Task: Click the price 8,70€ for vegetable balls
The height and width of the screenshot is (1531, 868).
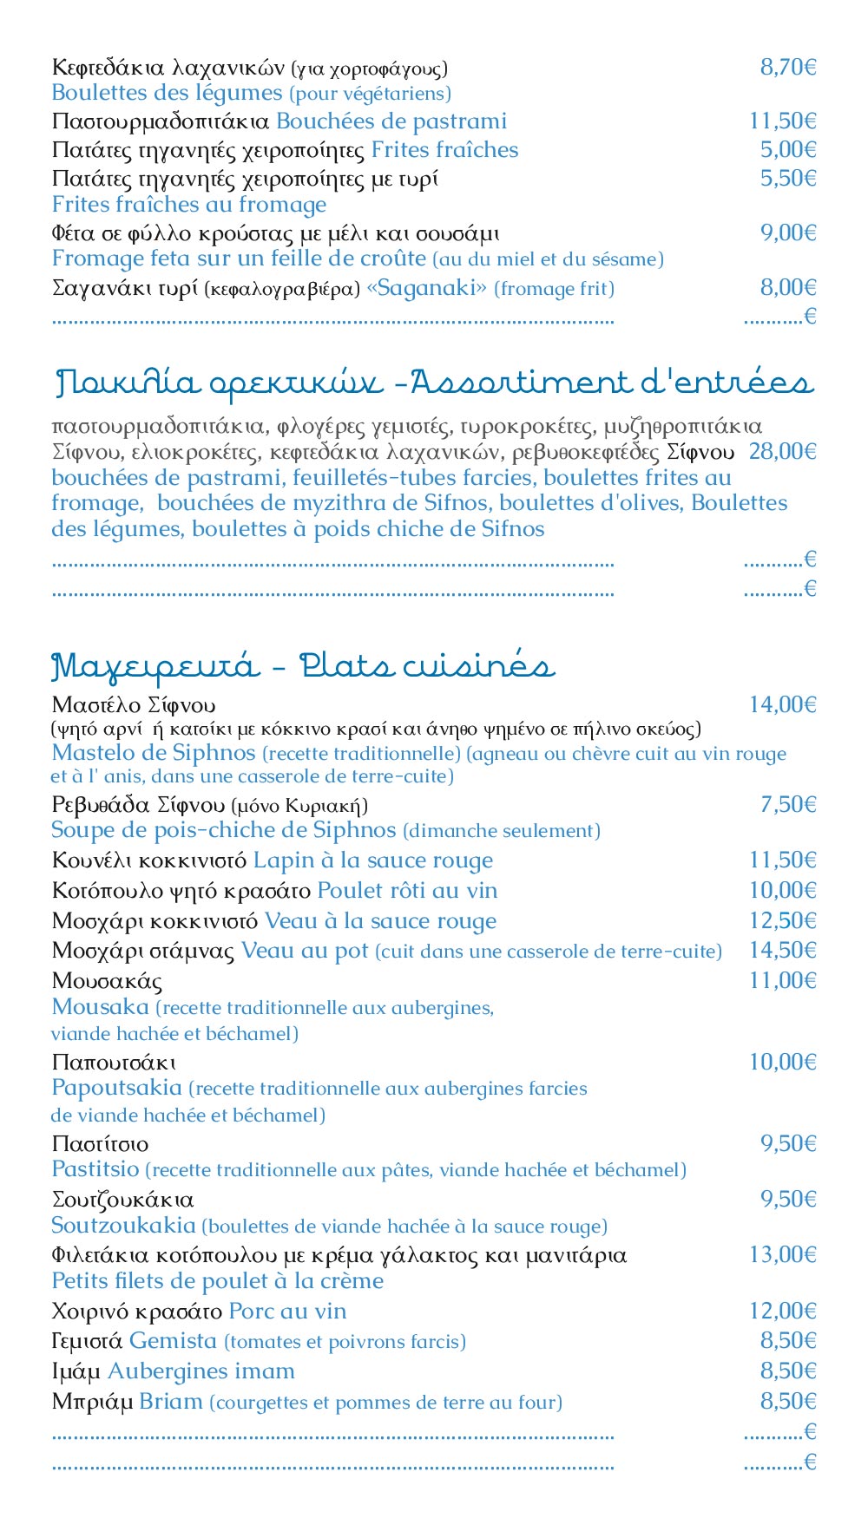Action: (x=788, y=68)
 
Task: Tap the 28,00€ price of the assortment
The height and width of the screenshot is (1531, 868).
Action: (x=782, y=451)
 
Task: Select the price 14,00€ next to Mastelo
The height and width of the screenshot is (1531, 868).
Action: (x=782, y=704)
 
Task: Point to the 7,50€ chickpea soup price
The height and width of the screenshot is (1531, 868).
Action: (x=788, y=804)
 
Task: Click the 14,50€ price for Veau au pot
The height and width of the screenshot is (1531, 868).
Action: (x=782, y=950)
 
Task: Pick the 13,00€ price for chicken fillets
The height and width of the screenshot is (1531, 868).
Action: (x=782, y=1254)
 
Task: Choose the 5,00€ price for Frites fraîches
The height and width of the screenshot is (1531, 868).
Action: (x=788, y=149)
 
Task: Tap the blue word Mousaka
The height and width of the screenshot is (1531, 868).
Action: (x=100, y=1007)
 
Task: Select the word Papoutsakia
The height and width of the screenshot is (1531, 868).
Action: (x=116, y=1088)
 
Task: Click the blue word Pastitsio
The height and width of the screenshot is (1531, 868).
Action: (x=95, y=1169)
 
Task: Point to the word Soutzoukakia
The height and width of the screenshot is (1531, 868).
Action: (x=123, y=1226)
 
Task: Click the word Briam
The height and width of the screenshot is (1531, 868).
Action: (x=171, y=1402)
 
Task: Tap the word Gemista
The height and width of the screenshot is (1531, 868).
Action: (x=173, y=1341)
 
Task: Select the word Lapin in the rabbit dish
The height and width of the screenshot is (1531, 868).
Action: (x=283, y=860)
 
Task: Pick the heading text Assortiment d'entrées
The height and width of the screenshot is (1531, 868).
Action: (x=611, y=383)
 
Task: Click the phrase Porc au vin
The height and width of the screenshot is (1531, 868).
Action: (x=287, y=1312)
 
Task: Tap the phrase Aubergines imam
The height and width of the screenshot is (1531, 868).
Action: (x=201, y=1371)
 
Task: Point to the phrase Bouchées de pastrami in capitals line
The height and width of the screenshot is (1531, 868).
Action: (x=391, y=121)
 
